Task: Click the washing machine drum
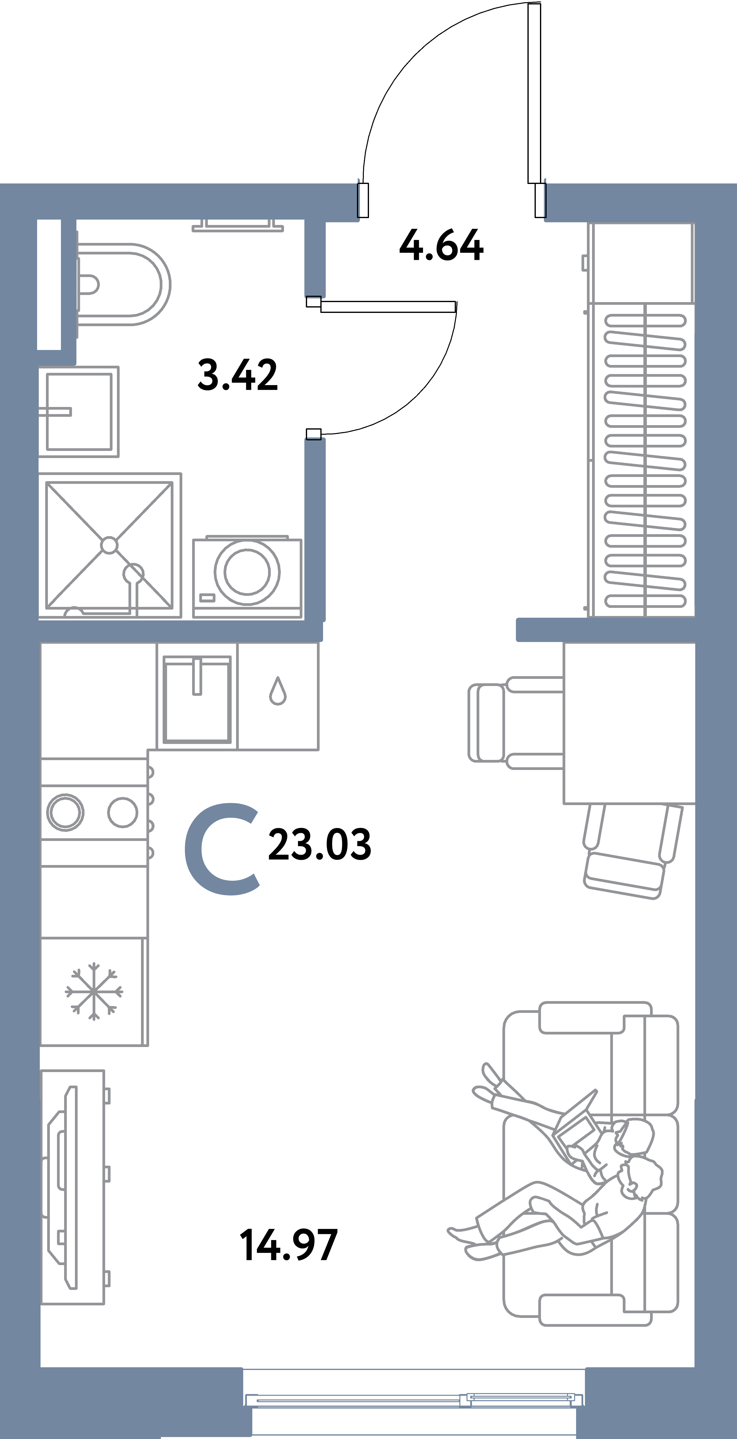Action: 246,572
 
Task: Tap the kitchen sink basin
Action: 197,699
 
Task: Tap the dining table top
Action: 629,723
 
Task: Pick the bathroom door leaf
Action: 388,306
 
